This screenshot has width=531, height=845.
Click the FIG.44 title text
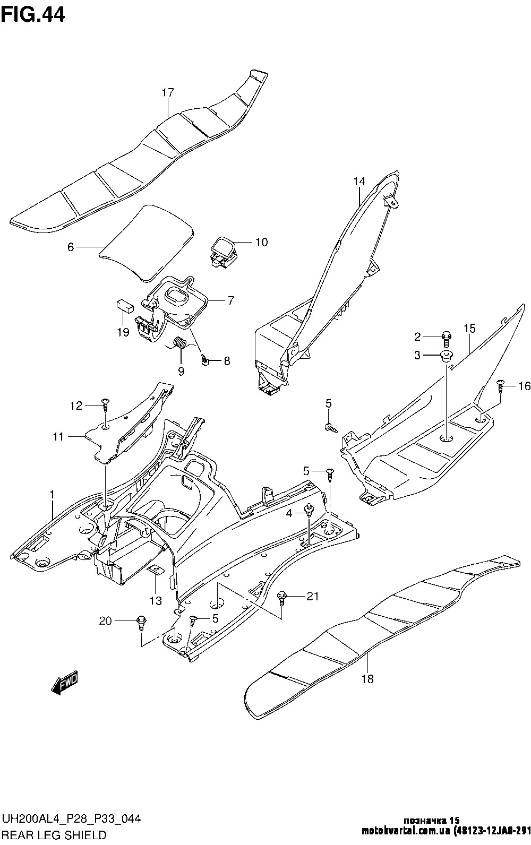coord(33,15)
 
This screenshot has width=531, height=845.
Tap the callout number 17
coord(168,93)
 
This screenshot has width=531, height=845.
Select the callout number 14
coord(359,182)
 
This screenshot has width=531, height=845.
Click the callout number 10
coord(261,243)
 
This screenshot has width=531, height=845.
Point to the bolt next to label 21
coord(281,598)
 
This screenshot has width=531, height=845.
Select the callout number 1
coord(52,495)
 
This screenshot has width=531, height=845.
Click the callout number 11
coord(58,436)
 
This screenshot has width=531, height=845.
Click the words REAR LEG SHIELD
coord(54,835)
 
